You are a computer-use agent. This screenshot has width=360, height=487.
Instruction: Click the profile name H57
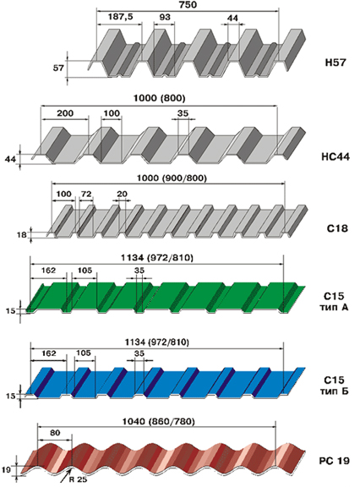click(335, 63)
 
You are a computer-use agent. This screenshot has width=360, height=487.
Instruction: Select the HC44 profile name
click(335, 156)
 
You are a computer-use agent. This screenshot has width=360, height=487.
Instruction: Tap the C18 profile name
click(337, 228)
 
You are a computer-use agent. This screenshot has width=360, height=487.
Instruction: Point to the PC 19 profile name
click(335, 461)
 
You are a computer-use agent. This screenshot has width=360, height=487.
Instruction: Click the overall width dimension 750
click(188, 5)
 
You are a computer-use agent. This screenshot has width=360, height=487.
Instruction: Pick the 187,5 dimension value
click(120, 17)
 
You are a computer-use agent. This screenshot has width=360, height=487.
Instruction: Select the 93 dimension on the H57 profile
click(165, 17)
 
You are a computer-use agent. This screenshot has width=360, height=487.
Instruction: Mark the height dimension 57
click(58, 68)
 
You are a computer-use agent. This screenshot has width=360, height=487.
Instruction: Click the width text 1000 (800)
click(159, 98)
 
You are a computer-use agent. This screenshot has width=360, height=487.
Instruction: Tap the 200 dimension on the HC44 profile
click(65, 113)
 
